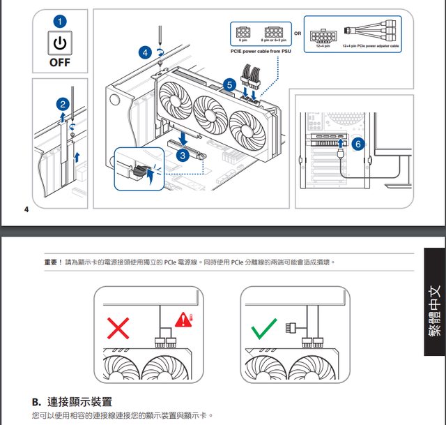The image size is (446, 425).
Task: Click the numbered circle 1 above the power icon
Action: click(x=60, y=22)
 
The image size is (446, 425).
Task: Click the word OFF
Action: click(x=60, y=62)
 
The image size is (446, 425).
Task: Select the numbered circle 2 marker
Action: click(x=63, y=104)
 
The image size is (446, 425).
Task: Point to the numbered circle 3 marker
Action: click(x=182, y=156)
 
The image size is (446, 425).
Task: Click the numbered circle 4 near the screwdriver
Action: click(x=145, y=52)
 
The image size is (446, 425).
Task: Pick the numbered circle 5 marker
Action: click(x=230, y=85)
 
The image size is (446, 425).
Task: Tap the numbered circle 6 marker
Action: click(x=357, y=144)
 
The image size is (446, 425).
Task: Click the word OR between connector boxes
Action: click(x=298, y=33)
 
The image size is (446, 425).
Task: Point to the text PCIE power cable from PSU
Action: click(x=261, y=51)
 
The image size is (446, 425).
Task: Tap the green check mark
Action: click(x=264, y=328)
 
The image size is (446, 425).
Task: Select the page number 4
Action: click(x=26, y=209)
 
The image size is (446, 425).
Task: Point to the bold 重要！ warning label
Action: click(x=54, y=262)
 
